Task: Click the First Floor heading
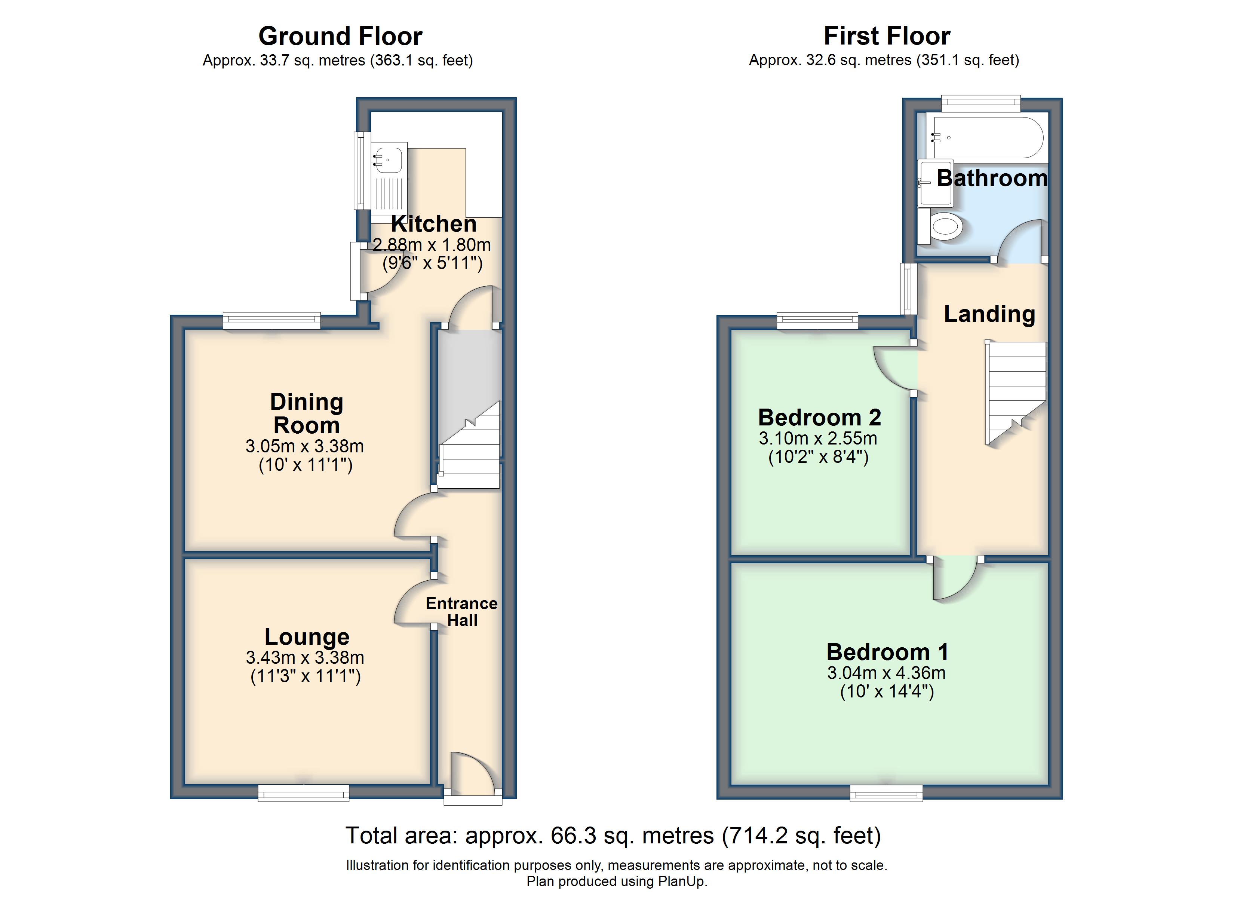click(887, 37)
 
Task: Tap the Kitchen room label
click(434, 224)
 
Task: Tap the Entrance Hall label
click(461, 611)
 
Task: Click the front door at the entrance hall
click(472, 772)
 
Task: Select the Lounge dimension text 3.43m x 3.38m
click(305, 657)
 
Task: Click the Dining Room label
click(307, 413)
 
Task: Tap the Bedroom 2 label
click(819, 418)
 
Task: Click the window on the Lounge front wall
click(304, 793)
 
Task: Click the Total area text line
click(613, 836)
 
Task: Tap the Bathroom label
click(992, 178)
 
